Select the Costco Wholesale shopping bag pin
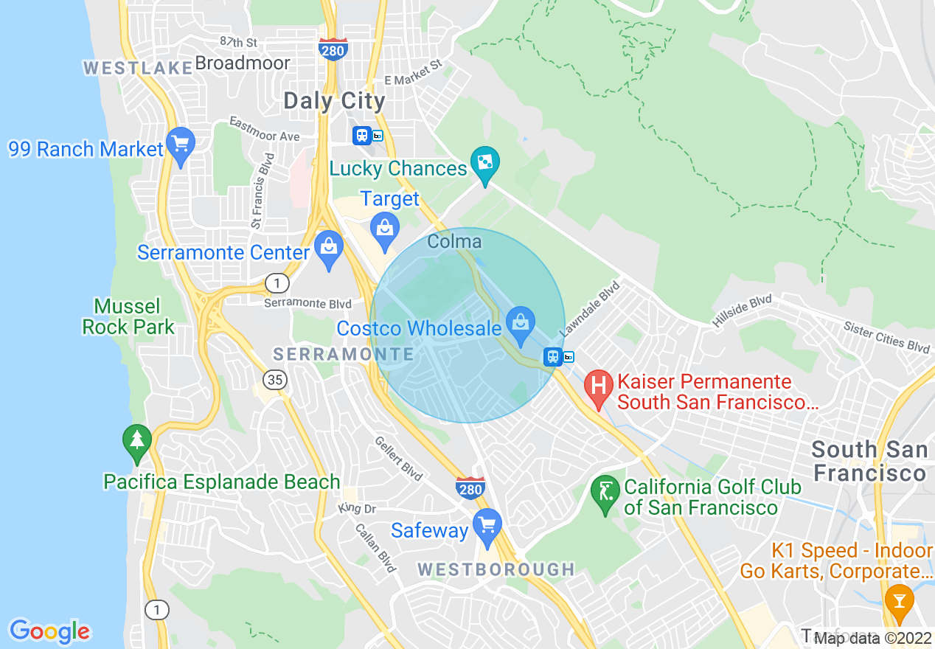tap(521, 324)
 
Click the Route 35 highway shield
tap(276, 380)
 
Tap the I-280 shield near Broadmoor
tap(333, 49)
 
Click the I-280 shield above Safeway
tap(470, 487)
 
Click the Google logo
tap(50, 631)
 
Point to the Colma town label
tap(454, 241)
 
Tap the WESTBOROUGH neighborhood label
tap(496, 569)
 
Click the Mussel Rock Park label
tap(128, 316)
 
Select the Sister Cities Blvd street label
tap(887, 337)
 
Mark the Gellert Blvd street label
tap(397, 458)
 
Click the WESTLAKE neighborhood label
tap(138, 68)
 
